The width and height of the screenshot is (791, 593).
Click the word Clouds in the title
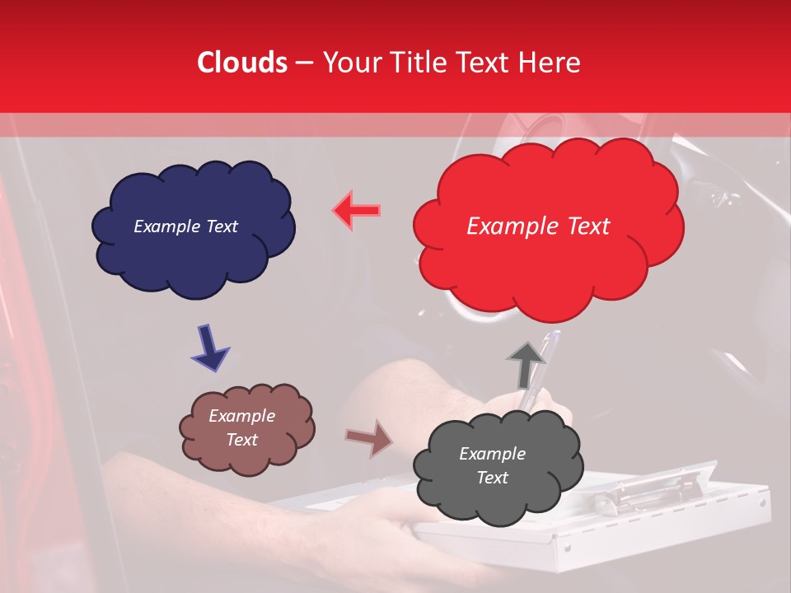(242, 63)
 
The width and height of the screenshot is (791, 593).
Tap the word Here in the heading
(550, 63)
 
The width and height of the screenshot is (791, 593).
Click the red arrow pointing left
(357, 211)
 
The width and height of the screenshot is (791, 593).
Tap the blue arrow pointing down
(209, 348)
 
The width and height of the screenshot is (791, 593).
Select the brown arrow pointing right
(369, 438)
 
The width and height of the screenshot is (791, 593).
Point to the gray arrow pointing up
(526, 363)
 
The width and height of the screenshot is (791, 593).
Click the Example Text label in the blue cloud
(185, 226)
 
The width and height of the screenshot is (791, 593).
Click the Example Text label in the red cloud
(538, 226)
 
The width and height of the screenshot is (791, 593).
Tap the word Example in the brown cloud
(241, 416)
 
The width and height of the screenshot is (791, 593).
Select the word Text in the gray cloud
(492, 478)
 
